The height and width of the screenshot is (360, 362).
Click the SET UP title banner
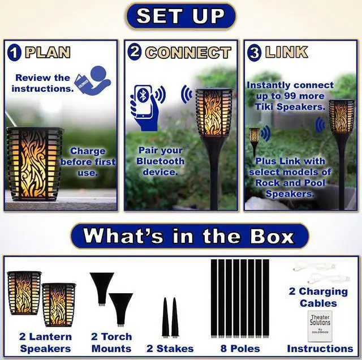[x=180, y=16]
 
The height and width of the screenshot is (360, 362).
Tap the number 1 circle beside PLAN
[x=14, y=53]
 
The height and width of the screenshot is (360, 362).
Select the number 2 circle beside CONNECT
[x=134, y=53]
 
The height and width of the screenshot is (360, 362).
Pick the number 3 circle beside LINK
[x=254, y=53]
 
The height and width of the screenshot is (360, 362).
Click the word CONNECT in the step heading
[x=188, y=53]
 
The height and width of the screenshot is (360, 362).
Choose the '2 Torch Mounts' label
[x=110, y=342]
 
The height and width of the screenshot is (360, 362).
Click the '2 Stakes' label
[x=170, y=348]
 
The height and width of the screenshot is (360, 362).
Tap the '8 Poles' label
[x=240, y=348]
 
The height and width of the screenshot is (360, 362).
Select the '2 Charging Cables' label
[x=318, y=297]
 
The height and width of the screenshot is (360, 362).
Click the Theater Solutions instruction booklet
[x=320, y=325]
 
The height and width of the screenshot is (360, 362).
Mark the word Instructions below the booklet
[x=320, y=348]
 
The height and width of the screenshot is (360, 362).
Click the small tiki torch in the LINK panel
[x=255, y=139]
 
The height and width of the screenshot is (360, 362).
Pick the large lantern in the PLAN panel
[x=35, y=164]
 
